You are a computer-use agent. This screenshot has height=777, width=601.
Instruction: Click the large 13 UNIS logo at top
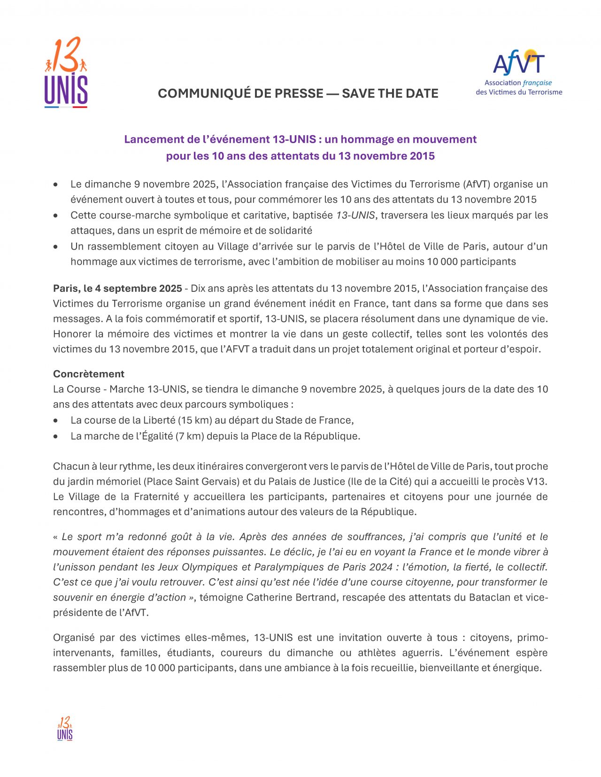coord(66,73)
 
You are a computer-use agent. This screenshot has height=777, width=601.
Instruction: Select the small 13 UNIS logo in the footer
coord(65,728)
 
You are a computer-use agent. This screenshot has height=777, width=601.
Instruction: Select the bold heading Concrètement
coord(89,374)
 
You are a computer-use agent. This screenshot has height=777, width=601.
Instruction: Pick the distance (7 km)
coord(190,436)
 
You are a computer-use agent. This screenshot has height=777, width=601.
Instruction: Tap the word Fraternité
coord(156,496)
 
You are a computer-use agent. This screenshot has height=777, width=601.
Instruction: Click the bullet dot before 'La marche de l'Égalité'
coord(56,436)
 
